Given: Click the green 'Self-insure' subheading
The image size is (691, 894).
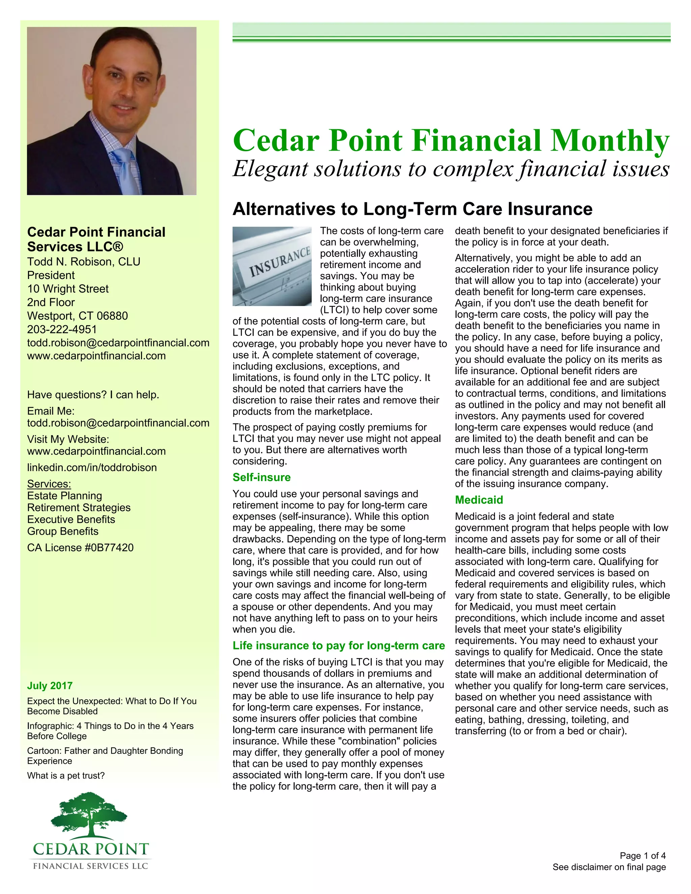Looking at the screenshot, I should point(261,477).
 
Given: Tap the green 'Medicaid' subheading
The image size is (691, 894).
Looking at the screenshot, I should point(479,500).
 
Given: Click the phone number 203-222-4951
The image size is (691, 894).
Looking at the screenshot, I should point(62,330).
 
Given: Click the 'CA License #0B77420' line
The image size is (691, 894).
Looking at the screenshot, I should point(80,548).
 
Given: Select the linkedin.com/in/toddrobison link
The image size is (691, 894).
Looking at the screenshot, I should point(92,468).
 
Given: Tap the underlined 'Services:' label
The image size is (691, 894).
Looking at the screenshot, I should point(49,484).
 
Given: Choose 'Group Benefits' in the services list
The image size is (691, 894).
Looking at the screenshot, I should point(63,531).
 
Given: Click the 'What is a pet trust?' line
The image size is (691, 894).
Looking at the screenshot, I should point(66,776).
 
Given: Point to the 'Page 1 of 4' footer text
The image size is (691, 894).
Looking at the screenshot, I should point(643,856).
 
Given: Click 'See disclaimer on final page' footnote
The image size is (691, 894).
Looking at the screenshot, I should point(609,867).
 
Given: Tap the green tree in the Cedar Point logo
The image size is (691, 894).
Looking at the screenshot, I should point(89,815).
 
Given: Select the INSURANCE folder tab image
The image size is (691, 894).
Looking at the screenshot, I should point(272,266).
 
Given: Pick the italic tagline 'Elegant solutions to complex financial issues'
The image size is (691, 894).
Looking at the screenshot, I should point(451,169).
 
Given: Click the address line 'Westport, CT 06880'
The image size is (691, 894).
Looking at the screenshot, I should point(77,316).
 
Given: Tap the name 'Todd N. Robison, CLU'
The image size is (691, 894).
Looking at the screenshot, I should point(84,261).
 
